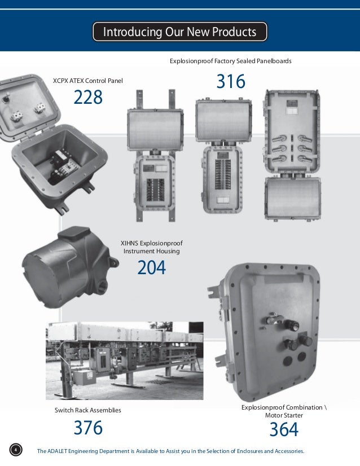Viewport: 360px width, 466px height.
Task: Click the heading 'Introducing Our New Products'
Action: coord(179,32)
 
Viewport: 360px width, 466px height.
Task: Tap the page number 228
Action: coord(88,98)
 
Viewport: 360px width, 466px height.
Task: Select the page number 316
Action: coord(231,82)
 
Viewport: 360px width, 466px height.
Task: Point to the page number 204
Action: coord(151,268)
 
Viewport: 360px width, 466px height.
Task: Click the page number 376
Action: coord(88,428)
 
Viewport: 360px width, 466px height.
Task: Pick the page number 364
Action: coord(284,430)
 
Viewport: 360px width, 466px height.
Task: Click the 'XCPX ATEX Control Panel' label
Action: coord(87,81)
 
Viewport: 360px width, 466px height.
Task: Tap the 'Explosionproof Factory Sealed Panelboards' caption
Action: coord(230,60)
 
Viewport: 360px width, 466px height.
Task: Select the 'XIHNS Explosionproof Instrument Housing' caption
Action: coord(152,247)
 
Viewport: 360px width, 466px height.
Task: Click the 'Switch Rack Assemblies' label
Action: coord(87,410)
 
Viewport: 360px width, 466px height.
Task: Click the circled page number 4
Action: coord(16,450)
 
